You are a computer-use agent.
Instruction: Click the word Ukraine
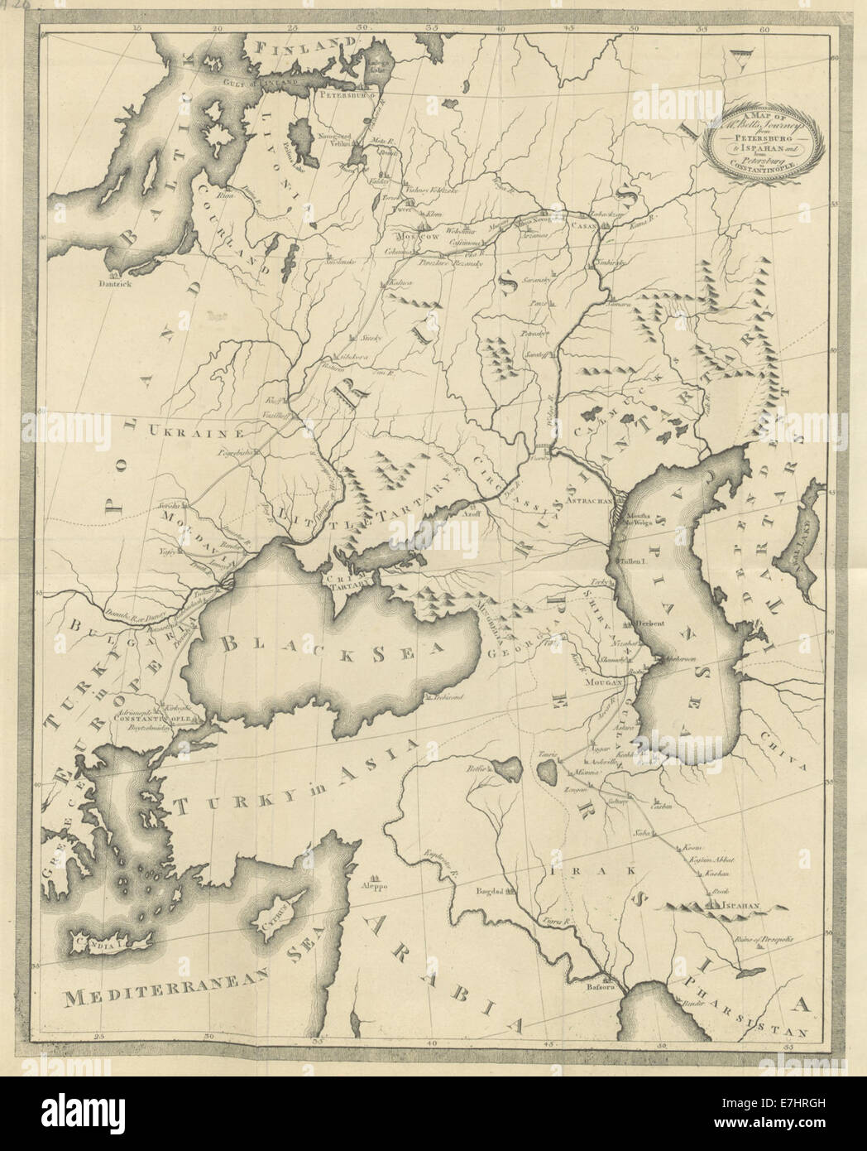tap(197, 431)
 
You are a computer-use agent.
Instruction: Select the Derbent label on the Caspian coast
tap(651, 623)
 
